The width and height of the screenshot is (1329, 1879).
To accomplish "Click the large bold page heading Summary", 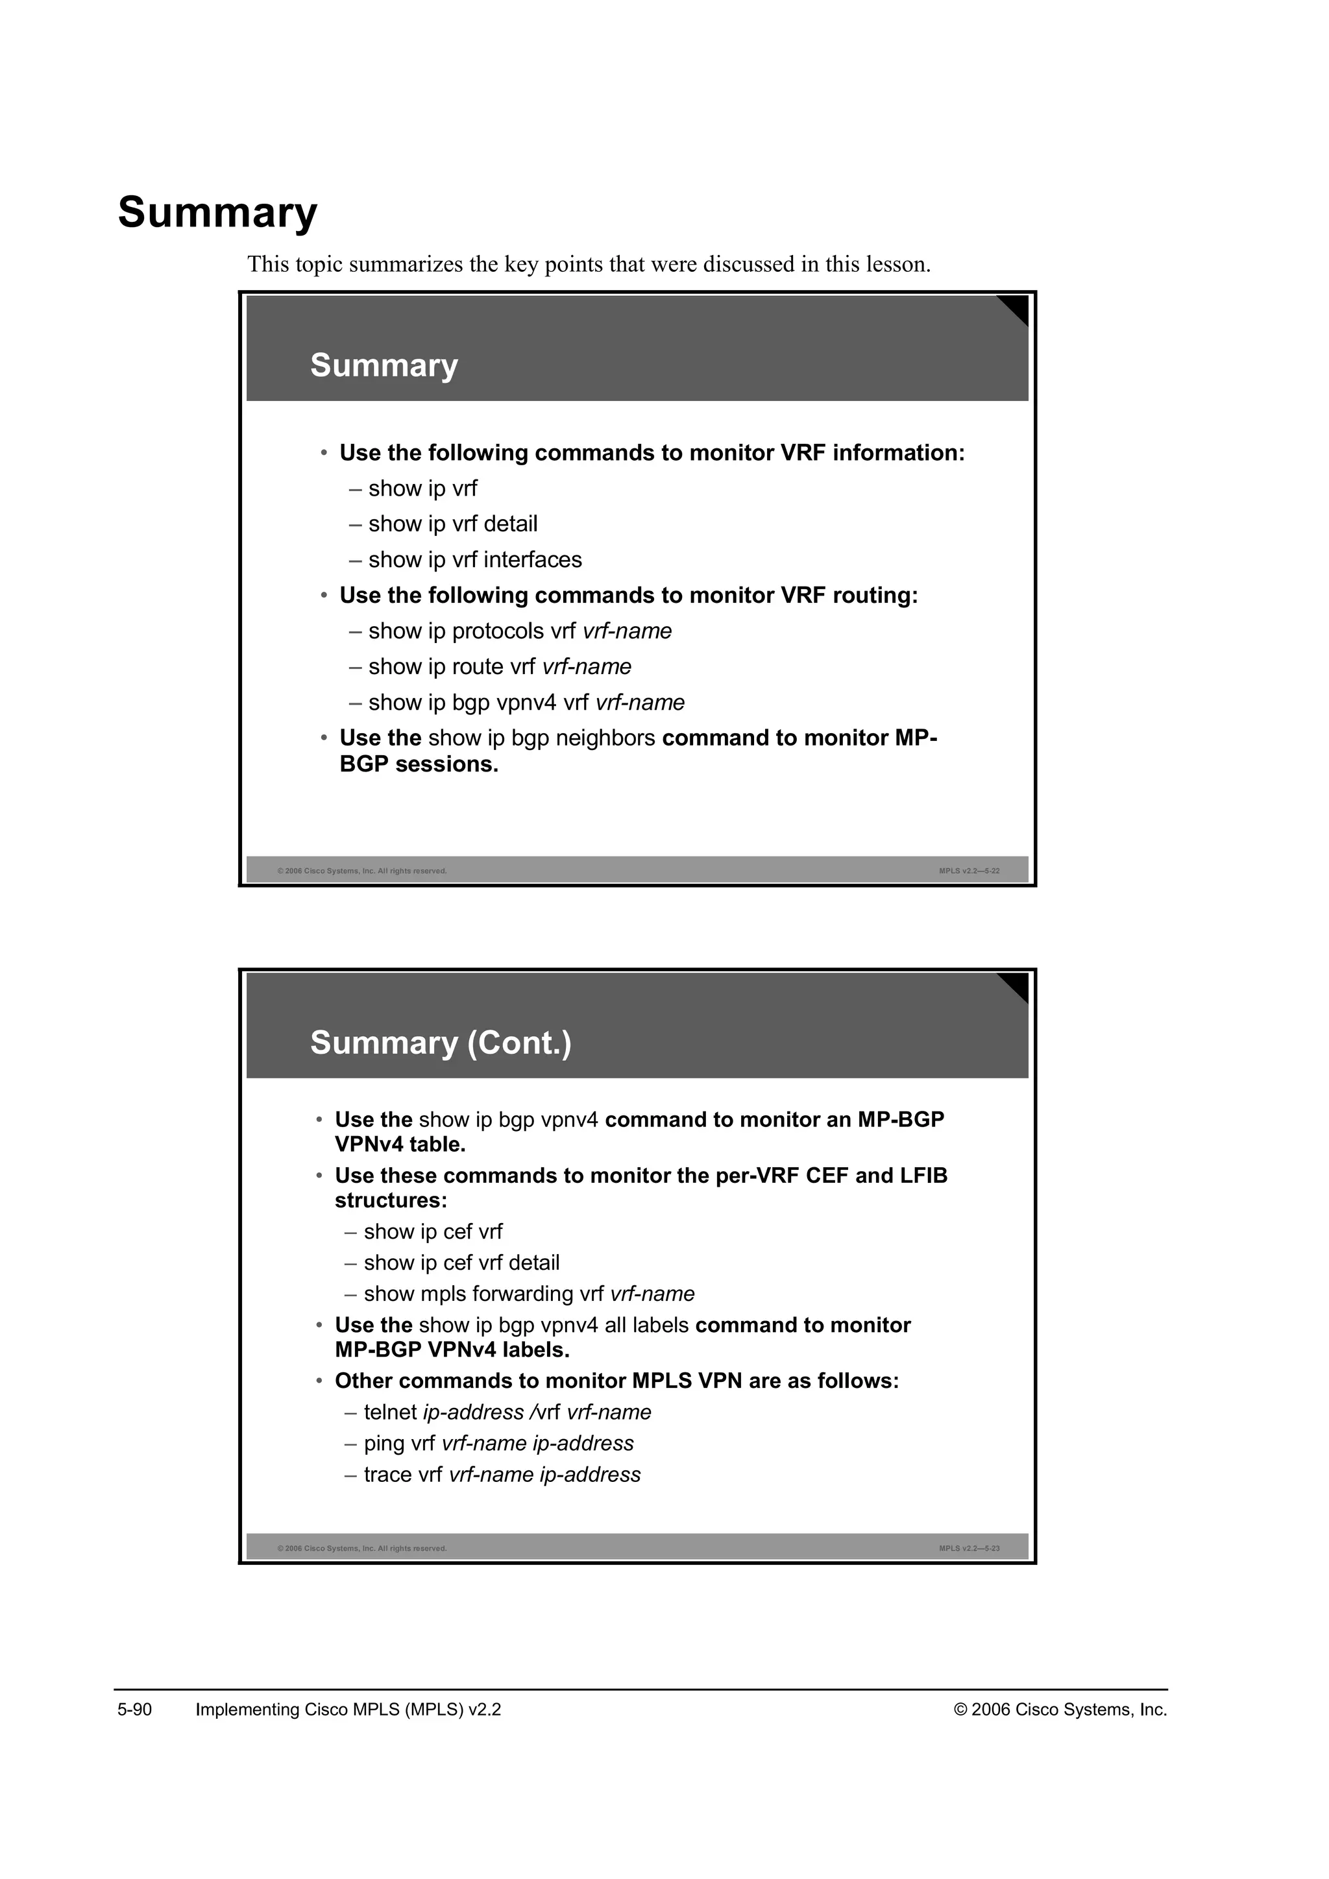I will coord(217,213).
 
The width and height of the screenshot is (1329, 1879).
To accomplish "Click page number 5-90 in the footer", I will coord(135,1710).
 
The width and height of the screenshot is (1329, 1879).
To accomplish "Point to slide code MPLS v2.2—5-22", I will coord(969,871).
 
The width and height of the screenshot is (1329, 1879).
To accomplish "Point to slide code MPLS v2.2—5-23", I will coord(969,1548).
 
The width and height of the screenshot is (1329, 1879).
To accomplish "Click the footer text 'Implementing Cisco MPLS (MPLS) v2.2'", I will coord(348,1710).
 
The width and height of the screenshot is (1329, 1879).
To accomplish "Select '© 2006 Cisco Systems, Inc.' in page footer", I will coord(1060,1710).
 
